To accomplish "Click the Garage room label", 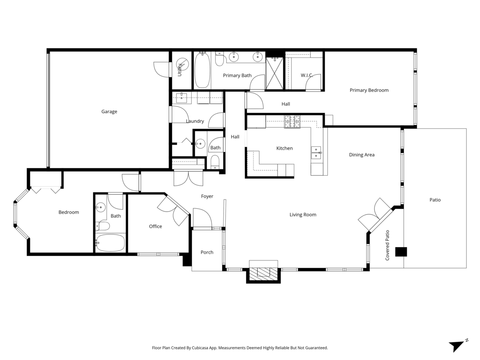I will pyautogui.click(x=109, y=112).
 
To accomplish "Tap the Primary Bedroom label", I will pyautogui.click(x=369, y=90).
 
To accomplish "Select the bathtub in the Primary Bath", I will pyautogui.click(x=202, y=71).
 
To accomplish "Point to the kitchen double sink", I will pyautogui.click(x=316, y=153).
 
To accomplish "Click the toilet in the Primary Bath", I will pyautogui.click(x=219, y=60).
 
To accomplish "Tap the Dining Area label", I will pyautogui.click(x=362, y=155).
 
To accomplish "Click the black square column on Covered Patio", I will pyautogui.click(x=401, y=252).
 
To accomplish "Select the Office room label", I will pyautogui.click(x=156, y=226).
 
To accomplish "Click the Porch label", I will pyautogui.click(x=207, y=252).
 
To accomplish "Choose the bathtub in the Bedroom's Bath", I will pyautogui.click(x=110, y=243).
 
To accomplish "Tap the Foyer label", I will pyautogui.click(x=207, y=196).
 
